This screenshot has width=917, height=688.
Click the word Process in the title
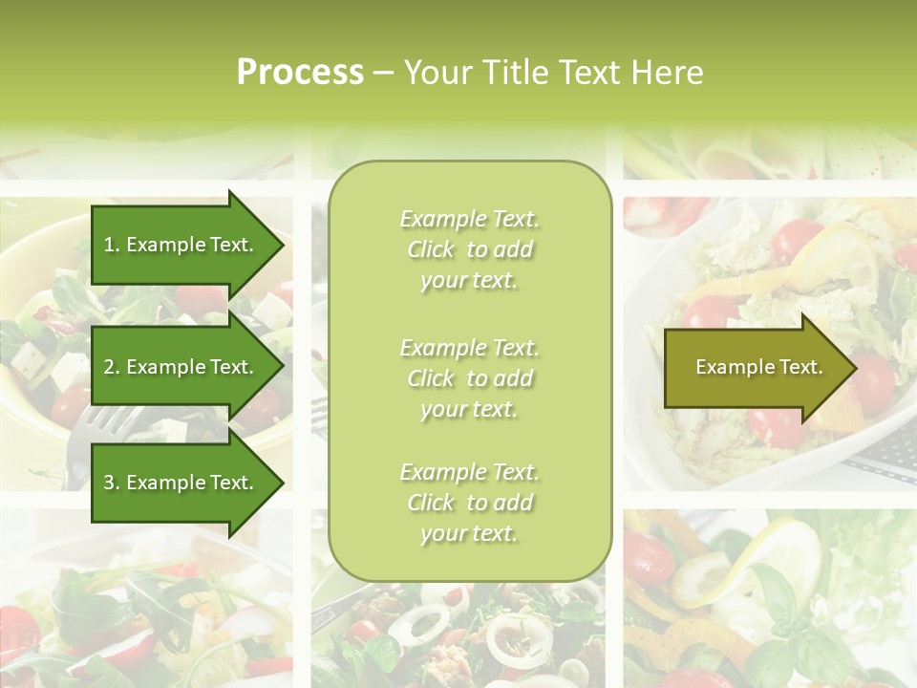pos(300,73)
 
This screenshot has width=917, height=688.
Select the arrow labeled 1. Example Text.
pos(181,245)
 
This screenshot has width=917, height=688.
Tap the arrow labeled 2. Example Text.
pos(181,367)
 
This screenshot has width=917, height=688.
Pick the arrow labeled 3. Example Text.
pos(181,483)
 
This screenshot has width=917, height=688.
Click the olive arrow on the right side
pos(755,368)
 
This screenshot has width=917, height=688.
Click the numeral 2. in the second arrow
pos(112,367)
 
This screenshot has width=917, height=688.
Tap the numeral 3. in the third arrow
pos(112,483)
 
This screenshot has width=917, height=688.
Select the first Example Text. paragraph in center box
pos(469,249)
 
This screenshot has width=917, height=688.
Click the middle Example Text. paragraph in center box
pos(469,377)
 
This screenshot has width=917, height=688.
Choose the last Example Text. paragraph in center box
pos(469,503)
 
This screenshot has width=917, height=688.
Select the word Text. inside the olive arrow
pos(800,367)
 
